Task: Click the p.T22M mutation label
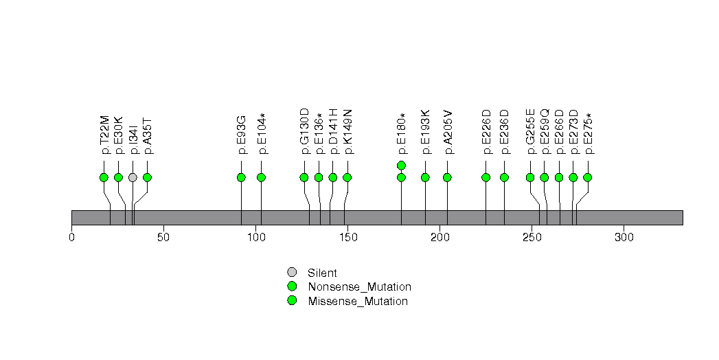(x=104, y=135)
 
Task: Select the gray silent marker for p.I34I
(x=133, y=177)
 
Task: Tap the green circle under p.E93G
(x=241, y=177)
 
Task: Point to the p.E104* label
(x=262, y=133)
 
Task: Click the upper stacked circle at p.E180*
(x=401, y=165)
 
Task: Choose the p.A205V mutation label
(x=448, y=132)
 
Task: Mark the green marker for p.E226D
(x=486, y=177)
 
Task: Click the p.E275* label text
(x=588, y=133)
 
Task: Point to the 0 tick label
(x=72, y=237)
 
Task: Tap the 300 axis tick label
(x=624, y=237)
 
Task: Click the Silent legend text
(x=322, y=273)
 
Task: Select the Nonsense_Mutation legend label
(x=360, y=287)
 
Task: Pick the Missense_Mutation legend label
(x=358, y=302)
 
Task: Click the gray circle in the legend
(x=292, y=273)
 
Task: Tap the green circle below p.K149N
(x=347, y=177)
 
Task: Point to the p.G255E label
(x=531, y=132)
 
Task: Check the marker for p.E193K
(x=425, y=177)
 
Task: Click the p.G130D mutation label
(x=304, y=132)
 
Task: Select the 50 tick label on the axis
(x=163, y=237)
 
